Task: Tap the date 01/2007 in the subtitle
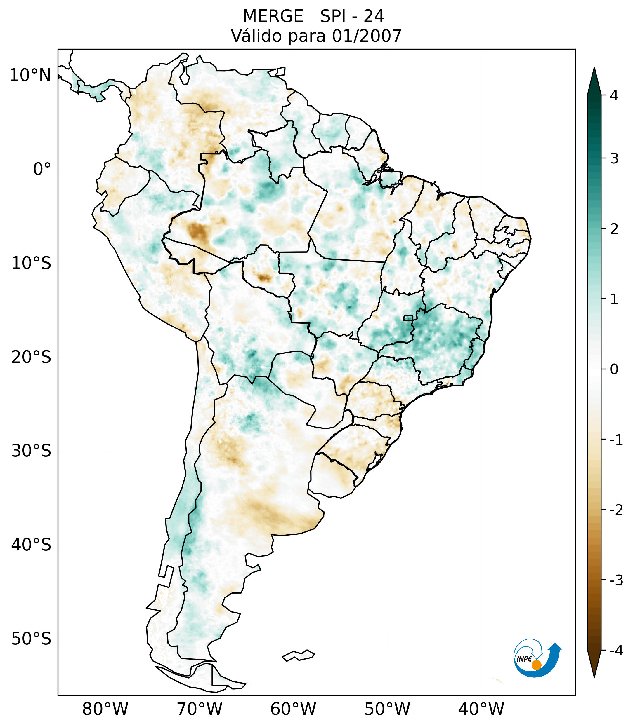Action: [x=367, y=36]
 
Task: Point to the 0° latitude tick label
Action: [x=42, y=169]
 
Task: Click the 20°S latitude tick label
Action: [x=31, y=357]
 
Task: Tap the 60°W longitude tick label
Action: [x=293, y=709]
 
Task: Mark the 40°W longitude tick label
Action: [x=481, y=709]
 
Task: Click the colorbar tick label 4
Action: [x=614, y=95]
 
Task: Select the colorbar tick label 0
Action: [x=614, y=369]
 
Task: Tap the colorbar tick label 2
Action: [x=614, y=229]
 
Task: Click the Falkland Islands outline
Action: [x=298, y=655]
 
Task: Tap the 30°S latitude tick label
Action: [x=31, y=451]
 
